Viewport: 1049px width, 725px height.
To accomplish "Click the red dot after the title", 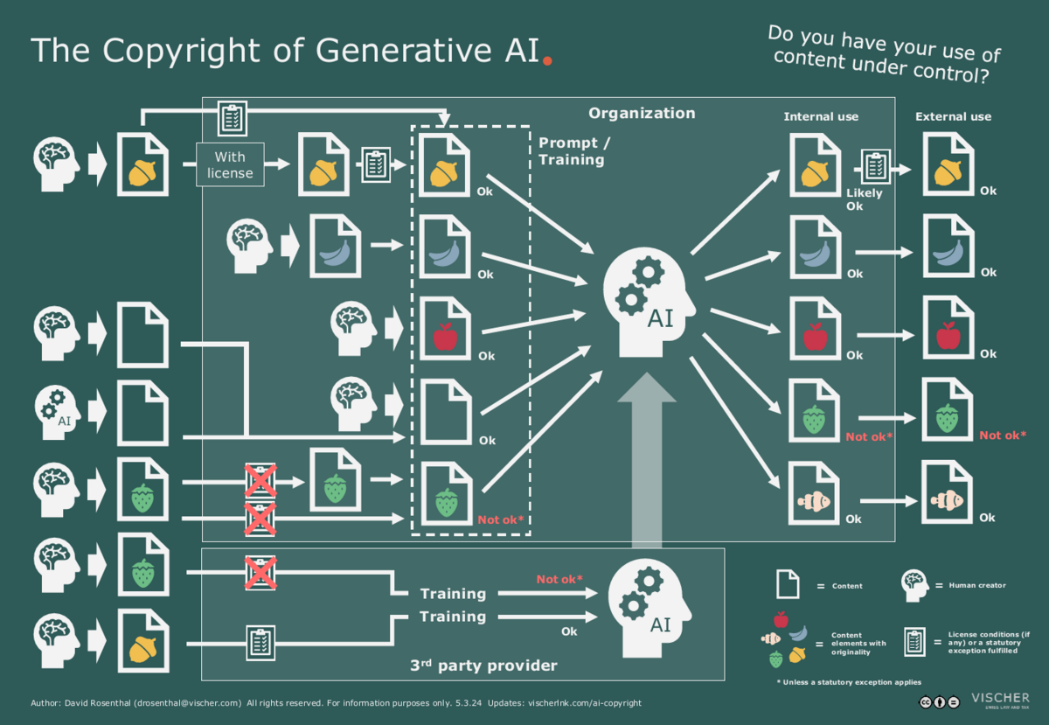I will coord(548,62).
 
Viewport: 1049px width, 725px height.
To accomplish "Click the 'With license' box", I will coord(230,164).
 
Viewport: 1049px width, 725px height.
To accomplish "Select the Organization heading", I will coord(642,113).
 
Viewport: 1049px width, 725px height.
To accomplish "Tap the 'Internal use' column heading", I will coord(821,116).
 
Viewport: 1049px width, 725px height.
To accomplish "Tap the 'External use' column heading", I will coord(953,116).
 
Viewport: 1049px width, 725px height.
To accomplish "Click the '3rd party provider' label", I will coord(483,666).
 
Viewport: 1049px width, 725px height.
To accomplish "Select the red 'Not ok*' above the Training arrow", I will coord(559,579).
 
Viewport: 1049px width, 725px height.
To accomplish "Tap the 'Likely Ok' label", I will coord(864,199).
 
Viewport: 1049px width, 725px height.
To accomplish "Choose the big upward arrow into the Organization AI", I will coord(647,464).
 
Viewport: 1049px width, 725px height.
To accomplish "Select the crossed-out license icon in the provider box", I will coord(260,573).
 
